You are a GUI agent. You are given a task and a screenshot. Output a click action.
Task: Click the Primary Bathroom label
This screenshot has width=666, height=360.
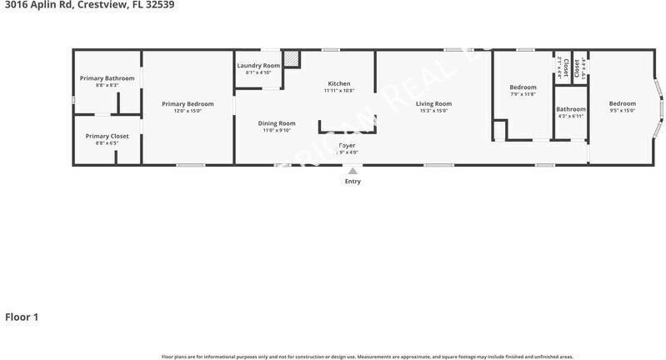pos(107,78)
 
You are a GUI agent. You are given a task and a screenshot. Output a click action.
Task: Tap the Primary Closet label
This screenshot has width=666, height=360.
pos(107,136)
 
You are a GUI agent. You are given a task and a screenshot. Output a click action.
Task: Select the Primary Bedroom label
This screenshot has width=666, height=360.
pos(188,104)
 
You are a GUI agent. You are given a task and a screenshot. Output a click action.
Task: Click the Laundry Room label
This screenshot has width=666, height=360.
pos(258,66)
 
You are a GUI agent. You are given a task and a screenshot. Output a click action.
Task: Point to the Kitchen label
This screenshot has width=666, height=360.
pos(338,83)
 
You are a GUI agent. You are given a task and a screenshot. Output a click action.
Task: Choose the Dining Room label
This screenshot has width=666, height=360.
pos(276,123)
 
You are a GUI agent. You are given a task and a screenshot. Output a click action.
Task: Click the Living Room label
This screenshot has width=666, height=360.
pos(433,104)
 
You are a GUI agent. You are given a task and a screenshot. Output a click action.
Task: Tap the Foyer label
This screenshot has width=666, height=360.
pos(348,145)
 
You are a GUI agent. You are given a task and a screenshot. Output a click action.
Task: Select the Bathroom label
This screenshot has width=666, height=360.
pos(571,109)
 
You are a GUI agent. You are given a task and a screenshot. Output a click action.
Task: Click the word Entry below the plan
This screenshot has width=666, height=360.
pos(353,182)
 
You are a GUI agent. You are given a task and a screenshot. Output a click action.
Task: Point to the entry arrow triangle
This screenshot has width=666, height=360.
pos(353,171)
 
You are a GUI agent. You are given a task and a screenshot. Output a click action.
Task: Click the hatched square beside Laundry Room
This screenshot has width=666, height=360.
pos(291,60)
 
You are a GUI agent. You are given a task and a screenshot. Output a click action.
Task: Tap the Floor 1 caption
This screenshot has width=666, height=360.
pos(22,317)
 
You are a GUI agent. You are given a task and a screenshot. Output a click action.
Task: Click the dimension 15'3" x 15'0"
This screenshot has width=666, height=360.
pos(433,111)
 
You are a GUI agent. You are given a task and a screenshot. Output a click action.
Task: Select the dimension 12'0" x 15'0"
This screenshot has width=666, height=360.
pos(188,111)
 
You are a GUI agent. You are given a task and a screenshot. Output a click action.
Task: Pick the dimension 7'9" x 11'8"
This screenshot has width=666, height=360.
pos(523,93)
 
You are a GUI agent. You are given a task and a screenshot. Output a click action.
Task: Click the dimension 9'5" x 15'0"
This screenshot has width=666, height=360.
pos(622,111)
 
